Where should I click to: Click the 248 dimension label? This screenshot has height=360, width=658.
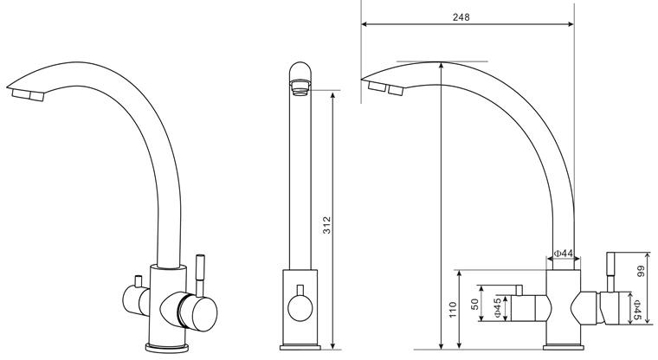coord(461,17)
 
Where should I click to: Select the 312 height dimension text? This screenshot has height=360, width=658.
coord(327,225)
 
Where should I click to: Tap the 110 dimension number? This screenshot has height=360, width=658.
coord(453,310)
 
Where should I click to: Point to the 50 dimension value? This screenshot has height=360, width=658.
coord(474,304)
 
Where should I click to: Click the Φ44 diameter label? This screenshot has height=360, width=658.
coord(564,254)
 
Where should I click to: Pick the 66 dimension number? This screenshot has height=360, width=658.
coord(641,272)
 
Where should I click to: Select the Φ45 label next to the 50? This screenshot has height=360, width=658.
coord(497,308)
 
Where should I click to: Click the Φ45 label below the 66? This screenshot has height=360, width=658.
coord(637,311)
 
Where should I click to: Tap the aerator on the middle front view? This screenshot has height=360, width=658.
coord(300,87)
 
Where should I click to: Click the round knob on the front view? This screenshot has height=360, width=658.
coord(300,308)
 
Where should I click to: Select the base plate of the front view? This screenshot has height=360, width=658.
coord(300,347)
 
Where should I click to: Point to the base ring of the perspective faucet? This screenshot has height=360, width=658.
coord(166,347)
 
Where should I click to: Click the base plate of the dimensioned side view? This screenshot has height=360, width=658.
coord(563,347)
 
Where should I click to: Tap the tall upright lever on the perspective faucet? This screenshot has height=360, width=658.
coord(200,275)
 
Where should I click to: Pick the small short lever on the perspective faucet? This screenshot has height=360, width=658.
coord(138,281)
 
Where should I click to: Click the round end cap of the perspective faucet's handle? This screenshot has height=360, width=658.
coord(203,313)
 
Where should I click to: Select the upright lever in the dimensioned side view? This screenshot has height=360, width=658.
coord(610,272)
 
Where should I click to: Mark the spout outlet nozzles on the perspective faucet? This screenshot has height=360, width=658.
coord(28,95)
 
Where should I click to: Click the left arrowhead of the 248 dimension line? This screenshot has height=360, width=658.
coord(364,24)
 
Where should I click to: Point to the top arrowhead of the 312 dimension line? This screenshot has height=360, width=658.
coord(332,95)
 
